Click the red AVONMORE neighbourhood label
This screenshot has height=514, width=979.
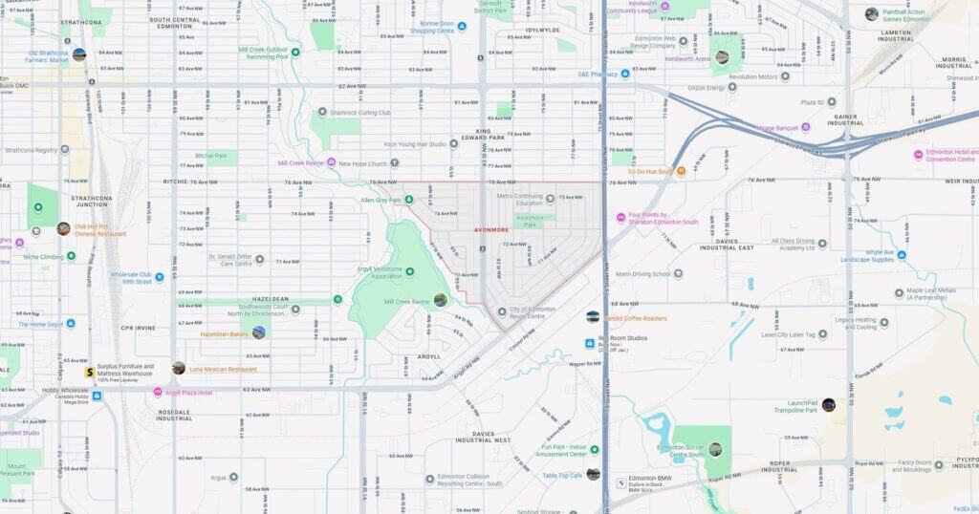click(x=491, y=230)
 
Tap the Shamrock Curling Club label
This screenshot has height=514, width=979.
click(x=359, y=113)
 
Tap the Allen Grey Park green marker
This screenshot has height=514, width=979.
click(x=408, y=200)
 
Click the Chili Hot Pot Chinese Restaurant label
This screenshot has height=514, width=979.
click(x=100, y=229)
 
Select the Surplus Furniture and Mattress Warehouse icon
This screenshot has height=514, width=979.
click(x=89, y=372)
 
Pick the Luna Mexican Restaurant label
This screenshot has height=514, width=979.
click(x=223, y=369)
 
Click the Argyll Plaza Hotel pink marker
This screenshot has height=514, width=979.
click(x=158, y=392)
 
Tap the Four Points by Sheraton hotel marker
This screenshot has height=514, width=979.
click(x=620, y=218)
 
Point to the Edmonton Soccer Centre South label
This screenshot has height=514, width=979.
click(x=680, y=450)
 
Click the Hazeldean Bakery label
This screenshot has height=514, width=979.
click(x=224, y=334)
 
